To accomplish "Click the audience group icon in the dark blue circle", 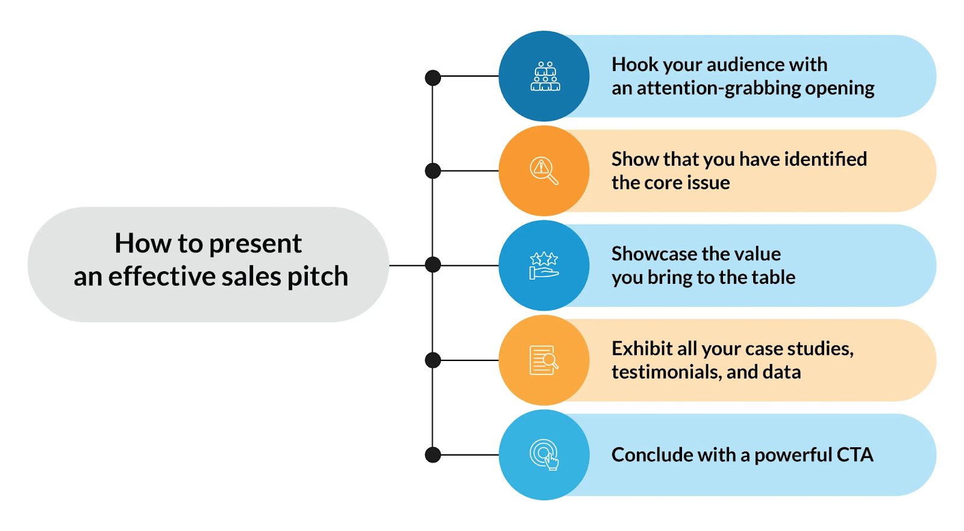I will [545, 77].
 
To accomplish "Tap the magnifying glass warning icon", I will [543, 171].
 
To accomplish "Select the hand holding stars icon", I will [543, 265].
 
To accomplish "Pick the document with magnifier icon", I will [543, 360].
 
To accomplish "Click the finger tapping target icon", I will [544, 454].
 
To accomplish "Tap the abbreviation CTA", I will [854, 454].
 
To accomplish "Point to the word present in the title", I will [255, 244].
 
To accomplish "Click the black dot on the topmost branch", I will [433, 78].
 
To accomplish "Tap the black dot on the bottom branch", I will [433, 454].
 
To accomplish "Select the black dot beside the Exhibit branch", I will [433, 360].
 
